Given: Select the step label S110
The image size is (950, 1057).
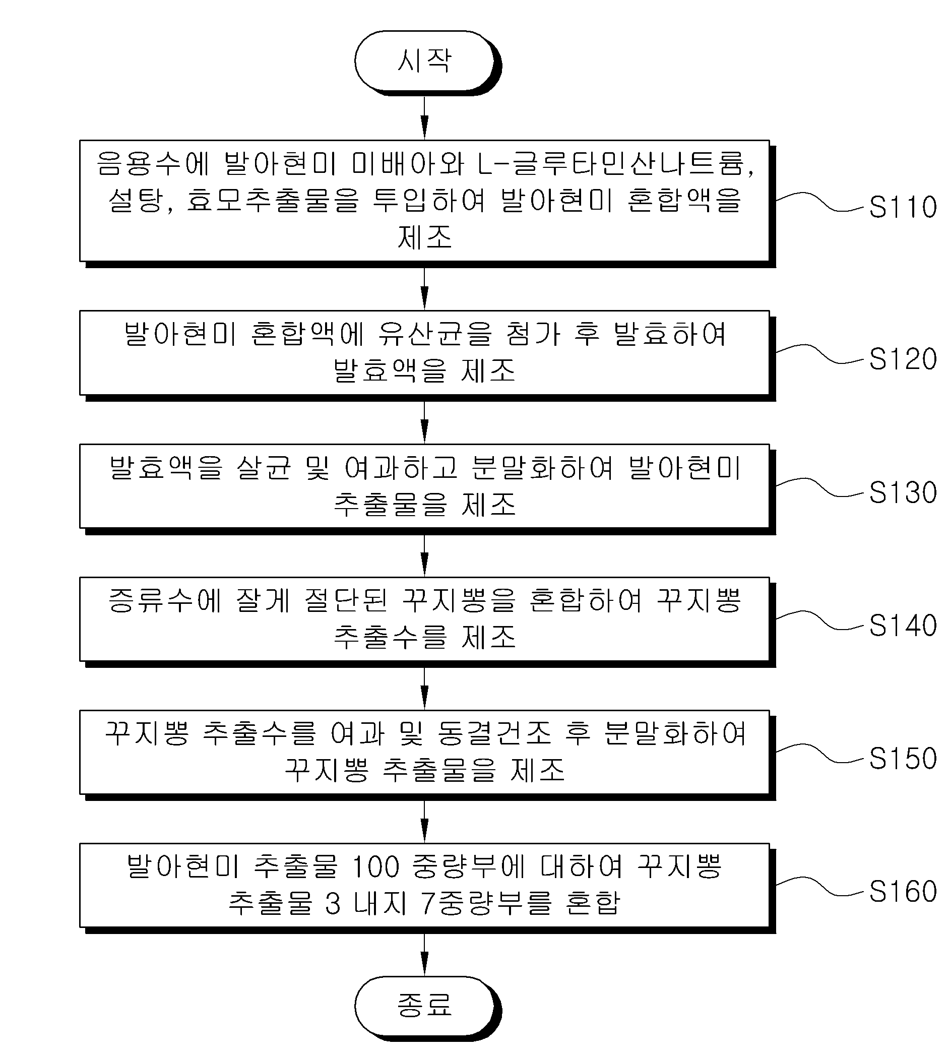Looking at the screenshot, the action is (x=902, y=207).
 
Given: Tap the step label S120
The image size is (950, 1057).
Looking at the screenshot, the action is (x=902, y=359).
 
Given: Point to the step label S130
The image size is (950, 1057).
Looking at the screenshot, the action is (x=902, y=492).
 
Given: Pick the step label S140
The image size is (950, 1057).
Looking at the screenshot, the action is (x=902, y=626).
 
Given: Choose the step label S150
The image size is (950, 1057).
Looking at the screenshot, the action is (x=902, y=759).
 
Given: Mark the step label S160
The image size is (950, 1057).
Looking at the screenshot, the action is (x=902, y=892).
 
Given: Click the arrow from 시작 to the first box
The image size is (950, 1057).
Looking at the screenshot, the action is (x=424, y=118).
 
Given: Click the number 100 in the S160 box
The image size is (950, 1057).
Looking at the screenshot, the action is (x=376, y=867).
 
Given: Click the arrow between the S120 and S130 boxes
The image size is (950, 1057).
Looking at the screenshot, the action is (x=424, y=422).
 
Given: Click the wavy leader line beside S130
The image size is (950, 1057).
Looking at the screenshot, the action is (x=819, y=486).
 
